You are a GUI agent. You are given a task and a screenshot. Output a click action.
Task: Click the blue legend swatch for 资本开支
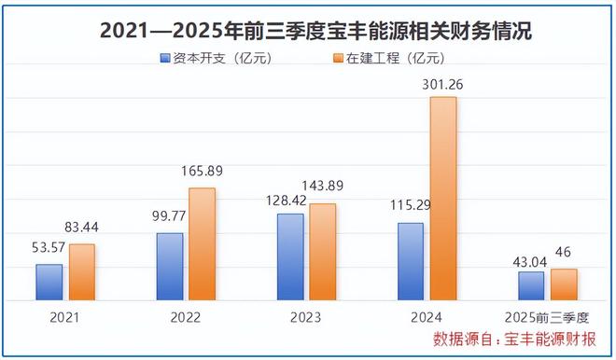point(165,59)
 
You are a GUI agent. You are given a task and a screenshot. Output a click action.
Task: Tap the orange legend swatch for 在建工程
point(339,59)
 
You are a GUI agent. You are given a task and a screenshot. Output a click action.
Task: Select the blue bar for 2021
point(49,283)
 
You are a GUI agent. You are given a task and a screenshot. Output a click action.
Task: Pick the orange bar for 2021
point(82,272)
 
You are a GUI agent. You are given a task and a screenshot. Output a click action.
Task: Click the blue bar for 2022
point(170,267)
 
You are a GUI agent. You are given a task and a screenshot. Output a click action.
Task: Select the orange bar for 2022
point(203,244)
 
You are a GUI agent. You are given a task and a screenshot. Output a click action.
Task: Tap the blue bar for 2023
point(290,257)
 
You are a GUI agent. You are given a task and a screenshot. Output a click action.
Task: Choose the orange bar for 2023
point(323,252)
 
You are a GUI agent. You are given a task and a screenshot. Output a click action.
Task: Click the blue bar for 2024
point(411,262)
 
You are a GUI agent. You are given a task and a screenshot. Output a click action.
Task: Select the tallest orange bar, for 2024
point(443,199)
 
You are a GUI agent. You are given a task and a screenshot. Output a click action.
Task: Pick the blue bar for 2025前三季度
point(531,286)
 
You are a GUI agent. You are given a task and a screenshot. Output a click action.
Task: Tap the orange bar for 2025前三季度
point(564,285)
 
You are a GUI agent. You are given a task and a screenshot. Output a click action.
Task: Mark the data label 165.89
point(203,172)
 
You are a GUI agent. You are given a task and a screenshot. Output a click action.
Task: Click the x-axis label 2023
point(306,317)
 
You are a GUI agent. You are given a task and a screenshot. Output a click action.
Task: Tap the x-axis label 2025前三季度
point(548,317)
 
